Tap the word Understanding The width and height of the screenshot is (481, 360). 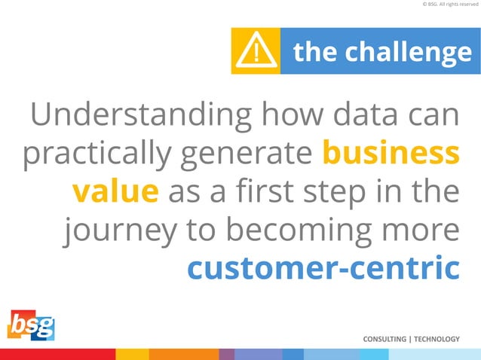141,117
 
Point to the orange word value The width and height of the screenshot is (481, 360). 115,191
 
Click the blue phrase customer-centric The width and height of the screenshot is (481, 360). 323,267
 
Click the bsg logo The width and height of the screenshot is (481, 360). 31,327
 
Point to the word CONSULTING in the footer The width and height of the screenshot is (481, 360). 384,339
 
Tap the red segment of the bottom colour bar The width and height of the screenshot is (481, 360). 57,354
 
